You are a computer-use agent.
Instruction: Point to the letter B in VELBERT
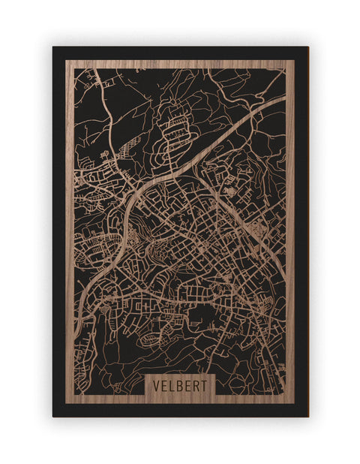tap(181, 385)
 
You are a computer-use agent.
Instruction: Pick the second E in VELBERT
tap(190, 385)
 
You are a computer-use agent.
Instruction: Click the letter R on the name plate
tap(198, 385)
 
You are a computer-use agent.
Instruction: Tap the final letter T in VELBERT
tap(207, 385)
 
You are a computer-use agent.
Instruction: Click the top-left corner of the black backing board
tap(53, 47)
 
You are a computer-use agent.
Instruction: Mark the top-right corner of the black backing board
tap(307, 47)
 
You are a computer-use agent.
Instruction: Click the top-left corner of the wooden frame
tap(66, 60)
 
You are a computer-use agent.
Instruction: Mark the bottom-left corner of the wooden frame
tap(66, 403)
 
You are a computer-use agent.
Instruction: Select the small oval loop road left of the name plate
tap(151, 339)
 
